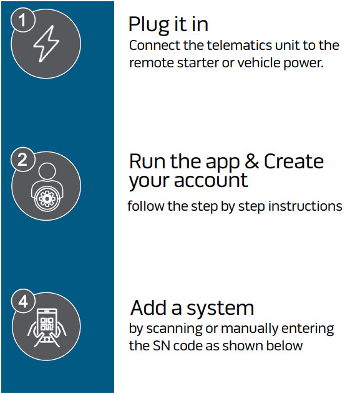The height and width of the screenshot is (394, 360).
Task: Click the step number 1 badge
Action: coord(22,21)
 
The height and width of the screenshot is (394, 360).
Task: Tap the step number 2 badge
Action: coord(22,160)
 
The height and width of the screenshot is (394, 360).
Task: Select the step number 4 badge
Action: coord(22,302)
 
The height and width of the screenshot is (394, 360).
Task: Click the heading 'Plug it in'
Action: coord(168,24)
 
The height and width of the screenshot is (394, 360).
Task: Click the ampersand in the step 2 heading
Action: coord(252,161)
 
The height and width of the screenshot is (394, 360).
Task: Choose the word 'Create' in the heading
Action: coord(294,161)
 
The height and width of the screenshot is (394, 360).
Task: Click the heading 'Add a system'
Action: coord(192,308)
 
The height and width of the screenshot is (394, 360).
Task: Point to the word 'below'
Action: coord(285,345)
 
